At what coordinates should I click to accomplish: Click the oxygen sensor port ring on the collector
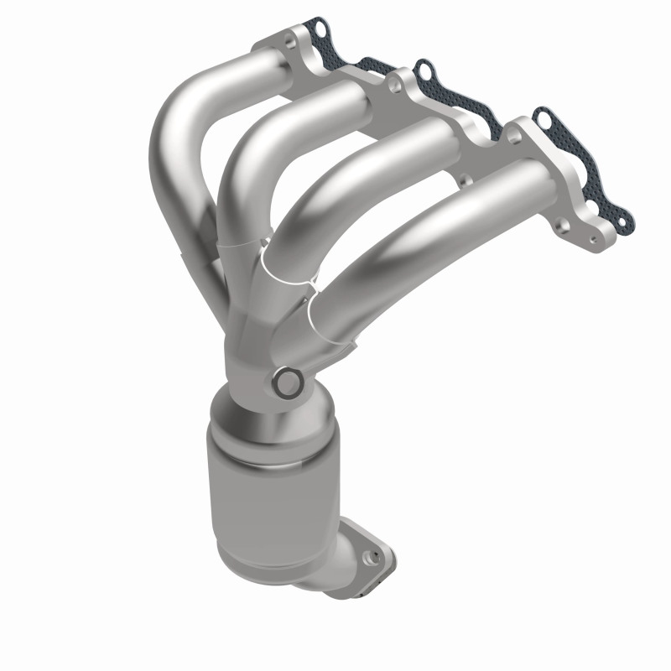[288, 382]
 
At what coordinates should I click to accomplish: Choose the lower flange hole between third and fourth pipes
[460, 179]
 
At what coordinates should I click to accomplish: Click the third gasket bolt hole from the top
[545, 119]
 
